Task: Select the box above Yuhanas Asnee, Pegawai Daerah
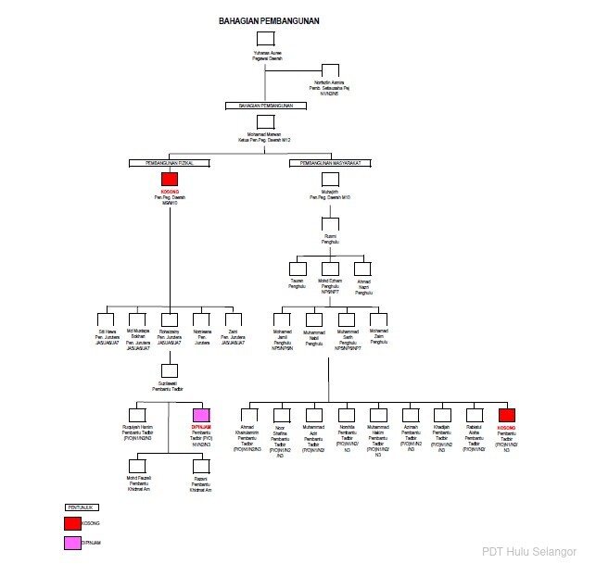(x=265, y=40)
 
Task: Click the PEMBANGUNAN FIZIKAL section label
(x=169, y=163)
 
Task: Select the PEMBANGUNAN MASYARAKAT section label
(x=329, y=163)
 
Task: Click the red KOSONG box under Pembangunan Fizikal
(x=169, y=180)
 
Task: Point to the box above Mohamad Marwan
(x=265, y=122)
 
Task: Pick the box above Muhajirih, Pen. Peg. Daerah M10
(x=329, y=180)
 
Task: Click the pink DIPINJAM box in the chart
(x=201, y=415)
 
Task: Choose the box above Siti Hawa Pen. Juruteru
(x=108, y=318)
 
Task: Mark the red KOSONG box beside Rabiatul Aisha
(x=506, y=415)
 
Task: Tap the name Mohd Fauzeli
(x=137, y=478)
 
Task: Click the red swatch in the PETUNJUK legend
(x=72, y=523)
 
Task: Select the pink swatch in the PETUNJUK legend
(x=72, y=543)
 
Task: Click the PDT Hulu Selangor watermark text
(x=529, y=552)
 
